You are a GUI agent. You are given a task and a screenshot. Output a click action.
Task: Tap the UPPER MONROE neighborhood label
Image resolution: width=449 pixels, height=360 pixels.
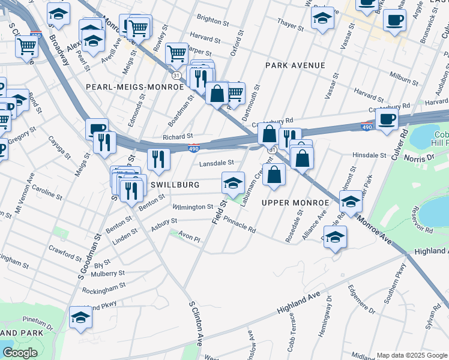(295, 203)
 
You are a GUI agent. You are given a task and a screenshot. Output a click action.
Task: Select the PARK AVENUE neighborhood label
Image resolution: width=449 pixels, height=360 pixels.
(295, 65)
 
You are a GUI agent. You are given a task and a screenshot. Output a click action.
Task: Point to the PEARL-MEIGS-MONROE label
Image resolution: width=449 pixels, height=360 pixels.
(134, 87)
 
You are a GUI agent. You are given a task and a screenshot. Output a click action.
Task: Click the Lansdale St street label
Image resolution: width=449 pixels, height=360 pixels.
(216, 163)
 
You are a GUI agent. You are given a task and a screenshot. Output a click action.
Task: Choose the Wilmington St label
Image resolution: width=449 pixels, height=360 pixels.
(193, 207)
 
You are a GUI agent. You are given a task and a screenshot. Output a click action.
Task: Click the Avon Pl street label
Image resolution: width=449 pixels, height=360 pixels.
(188, 238)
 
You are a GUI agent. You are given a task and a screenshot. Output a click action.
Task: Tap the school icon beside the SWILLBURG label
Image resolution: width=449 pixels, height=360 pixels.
(234, 183)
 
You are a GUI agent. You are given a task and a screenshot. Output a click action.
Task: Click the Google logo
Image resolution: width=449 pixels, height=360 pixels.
(20, 353)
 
